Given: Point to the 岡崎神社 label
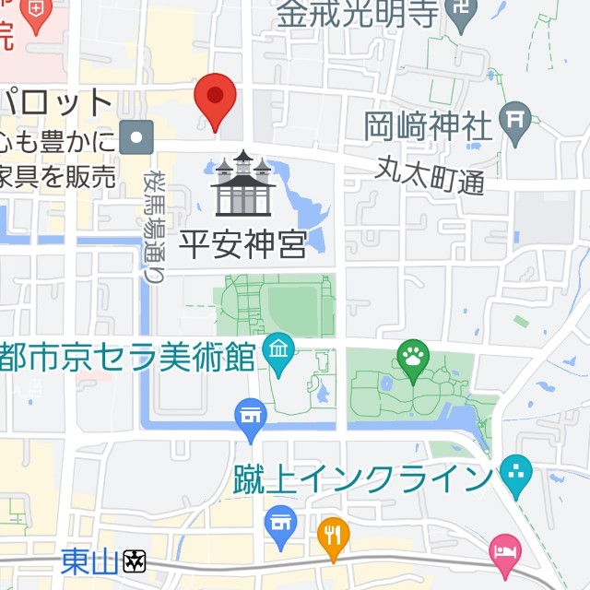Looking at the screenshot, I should tap(428, 126).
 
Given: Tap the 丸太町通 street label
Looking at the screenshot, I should tap(431, 174).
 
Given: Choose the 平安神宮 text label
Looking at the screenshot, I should tap(241, 244).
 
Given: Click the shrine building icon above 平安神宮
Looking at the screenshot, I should tap(242, 184).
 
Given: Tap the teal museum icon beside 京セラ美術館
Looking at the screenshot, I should tap(277, 350).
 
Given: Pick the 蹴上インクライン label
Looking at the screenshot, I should tap(360, 479).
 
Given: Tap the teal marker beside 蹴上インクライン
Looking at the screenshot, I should tap(516, 476).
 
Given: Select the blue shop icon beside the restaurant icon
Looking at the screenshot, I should tap(280, 521).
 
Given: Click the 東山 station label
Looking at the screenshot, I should tap(89, 560).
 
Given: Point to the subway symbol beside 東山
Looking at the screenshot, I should tap(136, 560).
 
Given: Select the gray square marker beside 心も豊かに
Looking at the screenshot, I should tap(138, 137).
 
